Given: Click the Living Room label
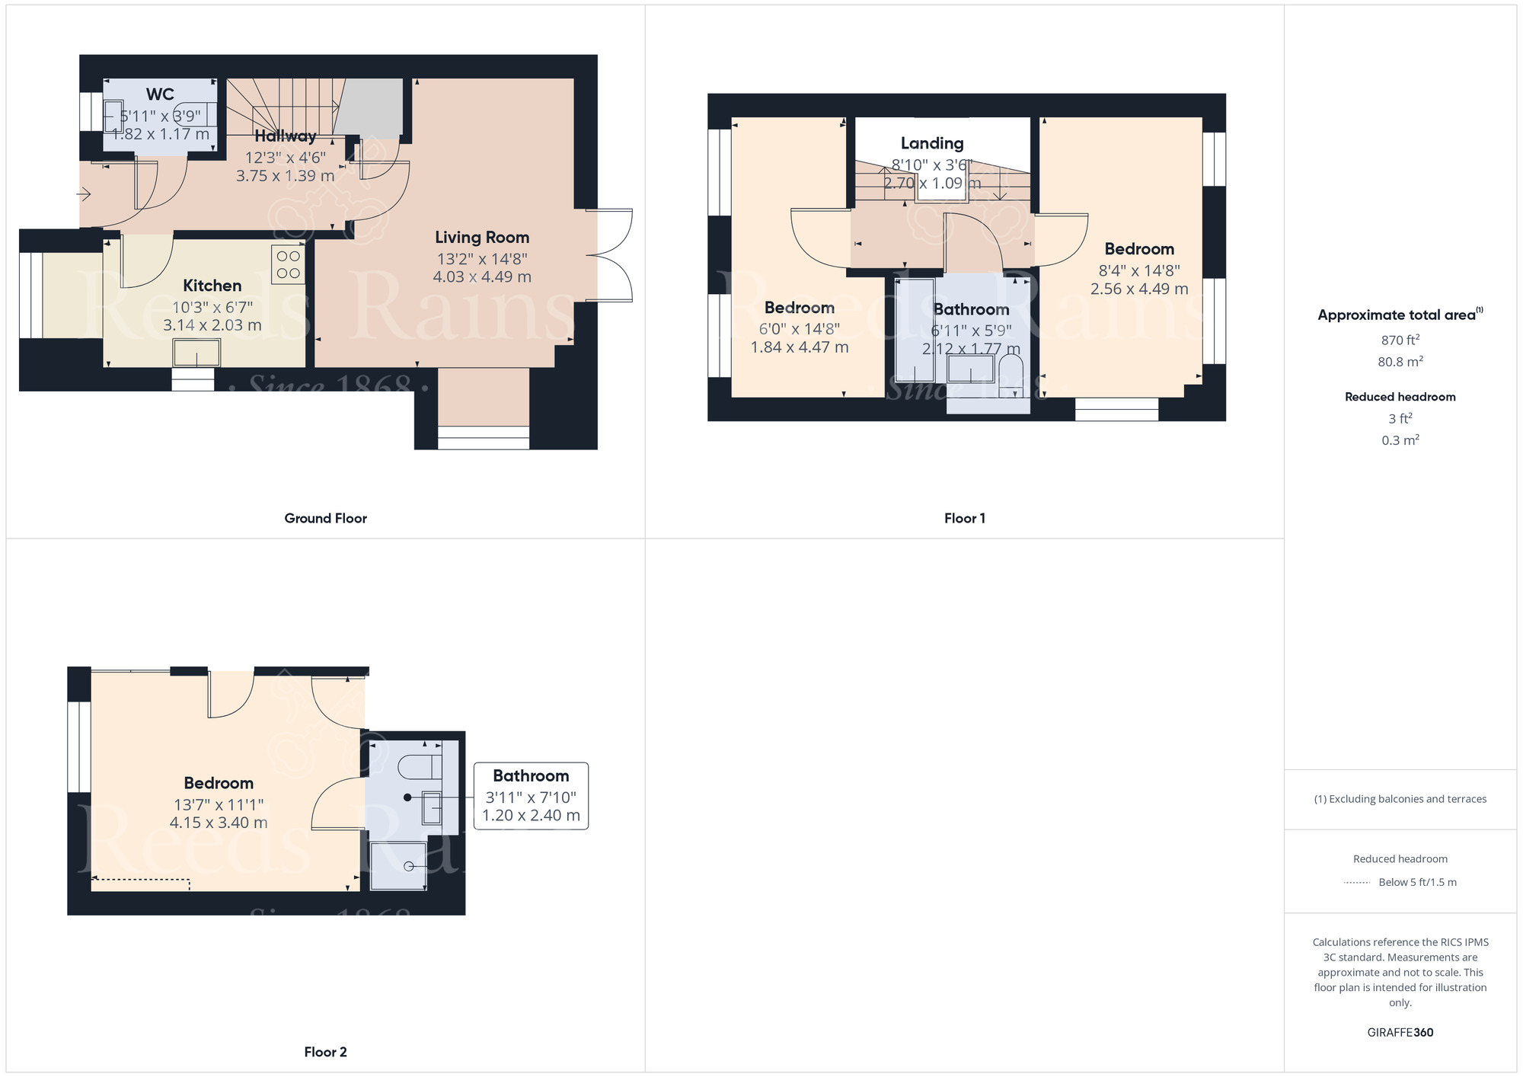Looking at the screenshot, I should click(x=482, y=238).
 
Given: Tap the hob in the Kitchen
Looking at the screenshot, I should click(x=288, y=264).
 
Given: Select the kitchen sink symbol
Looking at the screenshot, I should click(x=196, y=353).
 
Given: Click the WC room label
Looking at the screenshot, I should click(x=160, y=94).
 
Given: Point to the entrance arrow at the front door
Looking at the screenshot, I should click(x=84, y=195).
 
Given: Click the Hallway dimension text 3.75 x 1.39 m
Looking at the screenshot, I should click(x=285, y=176).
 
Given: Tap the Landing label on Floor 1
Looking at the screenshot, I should click(x=932, y=143).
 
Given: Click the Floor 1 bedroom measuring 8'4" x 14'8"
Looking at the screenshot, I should click(x=1139, y=249).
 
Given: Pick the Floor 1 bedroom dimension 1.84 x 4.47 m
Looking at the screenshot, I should click(x=800, y=347).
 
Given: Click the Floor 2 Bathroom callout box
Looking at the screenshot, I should click(x=531, y=795).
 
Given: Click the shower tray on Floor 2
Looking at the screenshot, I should click(x=398, y=866).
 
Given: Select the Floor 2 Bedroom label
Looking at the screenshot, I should click(x=219, y=783).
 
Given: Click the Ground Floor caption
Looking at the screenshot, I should click(x=325, y=518).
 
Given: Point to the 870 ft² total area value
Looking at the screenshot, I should click(x=1400, y=340).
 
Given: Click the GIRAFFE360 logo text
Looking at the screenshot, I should click(x=1400, y=1032).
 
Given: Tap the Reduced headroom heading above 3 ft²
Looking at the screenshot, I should click(x=1400, y=397).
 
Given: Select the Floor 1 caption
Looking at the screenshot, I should click(x=964, y=518).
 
